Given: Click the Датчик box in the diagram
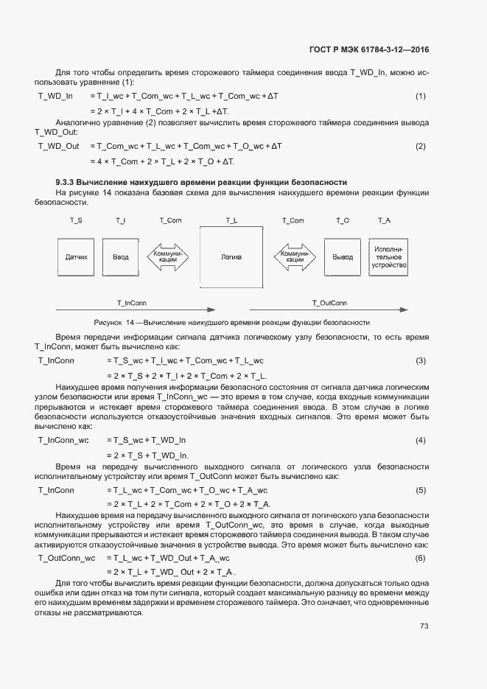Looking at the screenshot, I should (x=77, y=257).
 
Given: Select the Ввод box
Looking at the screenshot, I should (x=120, y=257).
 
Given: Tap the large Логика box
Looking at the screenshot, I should (x=231, y=257).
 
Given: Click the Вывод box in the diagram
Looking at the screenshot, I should (x=343, y=257).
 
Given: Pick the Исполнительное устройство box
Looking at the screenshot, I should (x=389, y=257).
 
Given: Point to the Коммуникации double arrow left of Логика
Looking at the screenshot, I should (x=169, y=257).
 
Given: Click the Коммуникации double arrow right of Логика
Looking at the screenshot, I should (x=294, y=257).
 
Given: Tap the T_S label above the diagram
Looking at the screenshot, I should (x=76, y=220).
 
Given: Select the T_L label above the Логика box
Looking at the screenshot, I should (x=231, y=220).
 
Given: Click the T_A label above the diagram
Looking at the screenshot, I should (x=384, y=220).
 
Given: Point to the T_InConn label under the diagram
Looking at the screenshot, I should (x=130, y=303).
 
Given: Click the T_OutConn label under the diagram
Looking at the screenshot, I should (x=329, y=303).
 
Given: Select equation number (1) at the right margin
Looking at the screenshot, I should (x=421, y=97).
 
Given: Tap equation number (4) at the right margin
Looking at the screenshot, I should (x=421, y=440).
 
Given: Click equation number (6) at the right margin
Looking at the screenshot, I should (x=421, y=558).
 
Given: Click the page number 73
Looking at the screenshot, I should (x=424, y=626).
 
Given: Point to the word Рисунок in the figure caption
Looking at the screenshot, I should (x=109, y=323).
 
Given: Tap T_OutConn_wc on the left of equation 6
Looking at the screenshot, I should (x=66, y=558).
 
